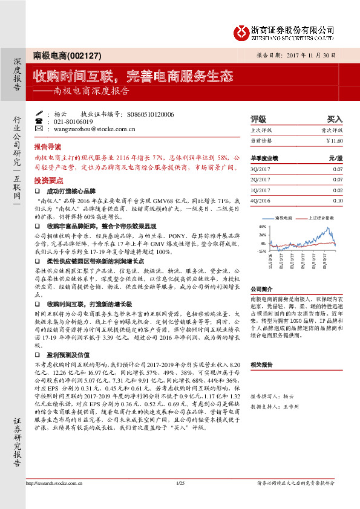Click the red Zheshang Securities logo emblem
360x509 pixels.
tap(241, 30)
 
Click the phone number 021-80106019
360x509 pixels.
tap(74, 122)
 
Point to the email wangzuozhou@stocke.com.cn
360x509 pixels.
tap(94, 129)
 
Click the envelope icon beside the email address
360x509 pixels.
tap(39, 129)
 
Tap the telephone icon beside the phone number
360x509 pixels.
tap(39, 122)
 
